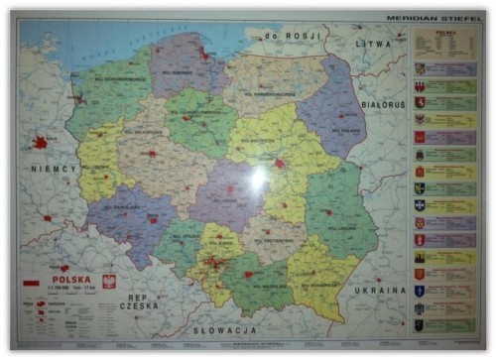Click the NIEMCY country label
point(54,169)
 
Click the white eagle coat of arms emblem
point(109,281)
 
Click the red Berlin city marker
point(41,143)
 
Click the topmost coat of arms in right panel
point(420,68)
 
